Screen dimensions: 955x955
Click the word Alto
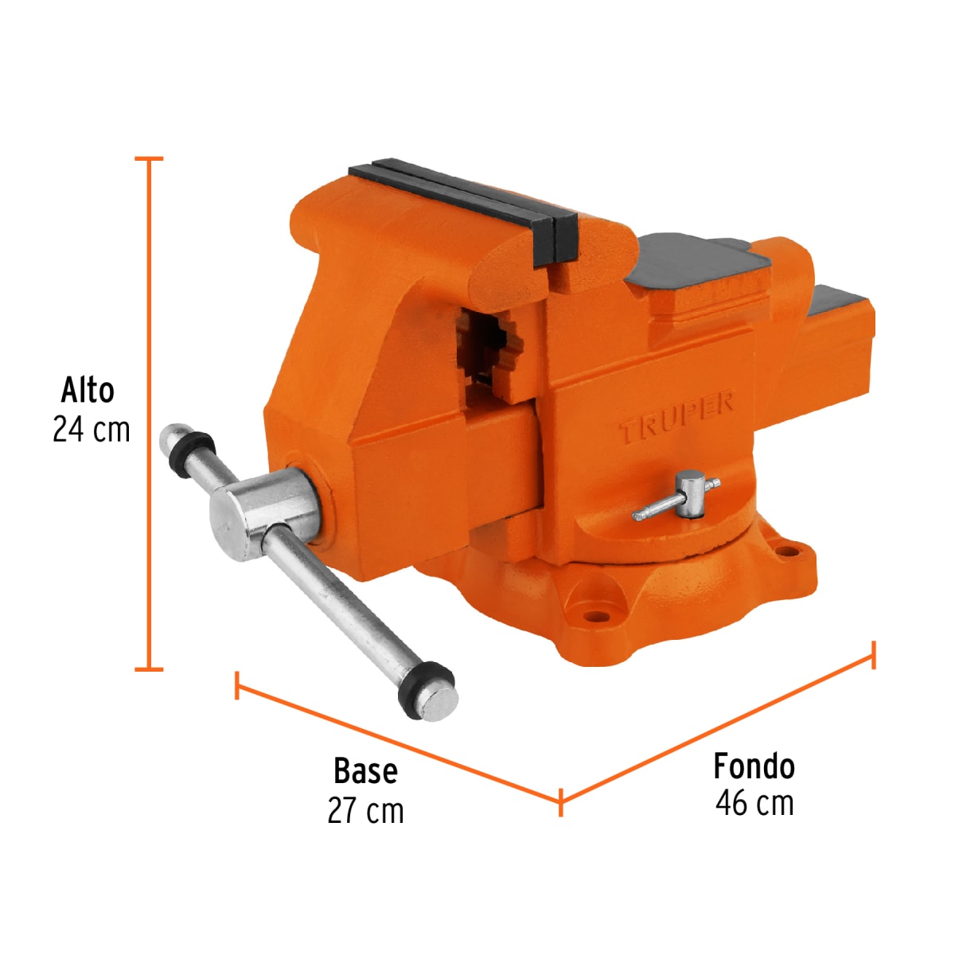[88, 391]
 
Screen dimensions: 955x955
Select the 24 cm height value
[91, 430]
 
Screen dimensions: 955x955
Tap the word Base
[365, 771]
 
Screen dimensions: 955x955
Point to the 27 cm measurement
[365, 811]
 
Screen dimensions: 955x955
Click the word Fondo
[754, 766]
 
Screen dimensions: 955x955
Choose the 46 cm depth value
[754, 803]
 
